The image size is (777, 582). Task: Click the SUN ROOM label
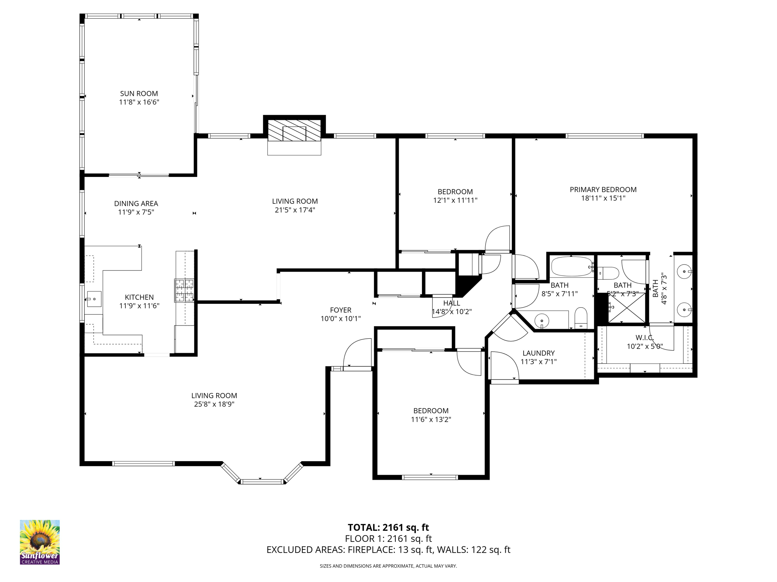point(139,94)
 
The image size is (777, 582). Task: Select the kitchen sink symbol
point(94,299)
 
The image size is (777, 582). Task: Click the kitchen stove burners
point(184,290)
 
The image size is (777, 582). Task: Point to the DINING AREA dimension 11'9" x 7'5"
point(136,212)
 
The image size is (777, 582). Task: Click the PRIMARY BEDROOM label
point(603,189)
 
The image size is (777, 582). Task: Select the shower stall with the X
point(626,308)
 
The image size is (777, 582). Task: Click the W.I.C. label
point(644,337)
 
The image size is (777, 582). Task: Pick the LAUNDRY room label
point(538,353)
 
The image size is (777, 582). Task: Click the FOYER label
point(340,310)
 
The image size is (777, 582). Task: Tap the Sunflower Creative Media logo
point(40,542)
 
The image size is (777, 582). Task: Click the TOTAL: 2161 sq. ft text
point(388,527)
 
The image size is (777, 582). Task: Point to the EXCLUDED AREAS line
point(388,550)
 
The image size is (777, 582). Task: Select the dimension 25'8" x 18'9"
point(214,404)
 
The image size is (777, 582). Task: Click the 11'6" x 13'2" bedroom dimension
point(431,419)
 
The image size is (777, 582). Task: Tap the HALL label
point(451,303)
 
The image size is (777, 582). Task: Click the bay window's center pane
point(262,482)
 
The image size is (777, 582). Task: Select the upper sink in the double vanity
point(684,272)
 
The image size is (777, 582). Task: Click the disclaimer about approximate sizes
point(388,566)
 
